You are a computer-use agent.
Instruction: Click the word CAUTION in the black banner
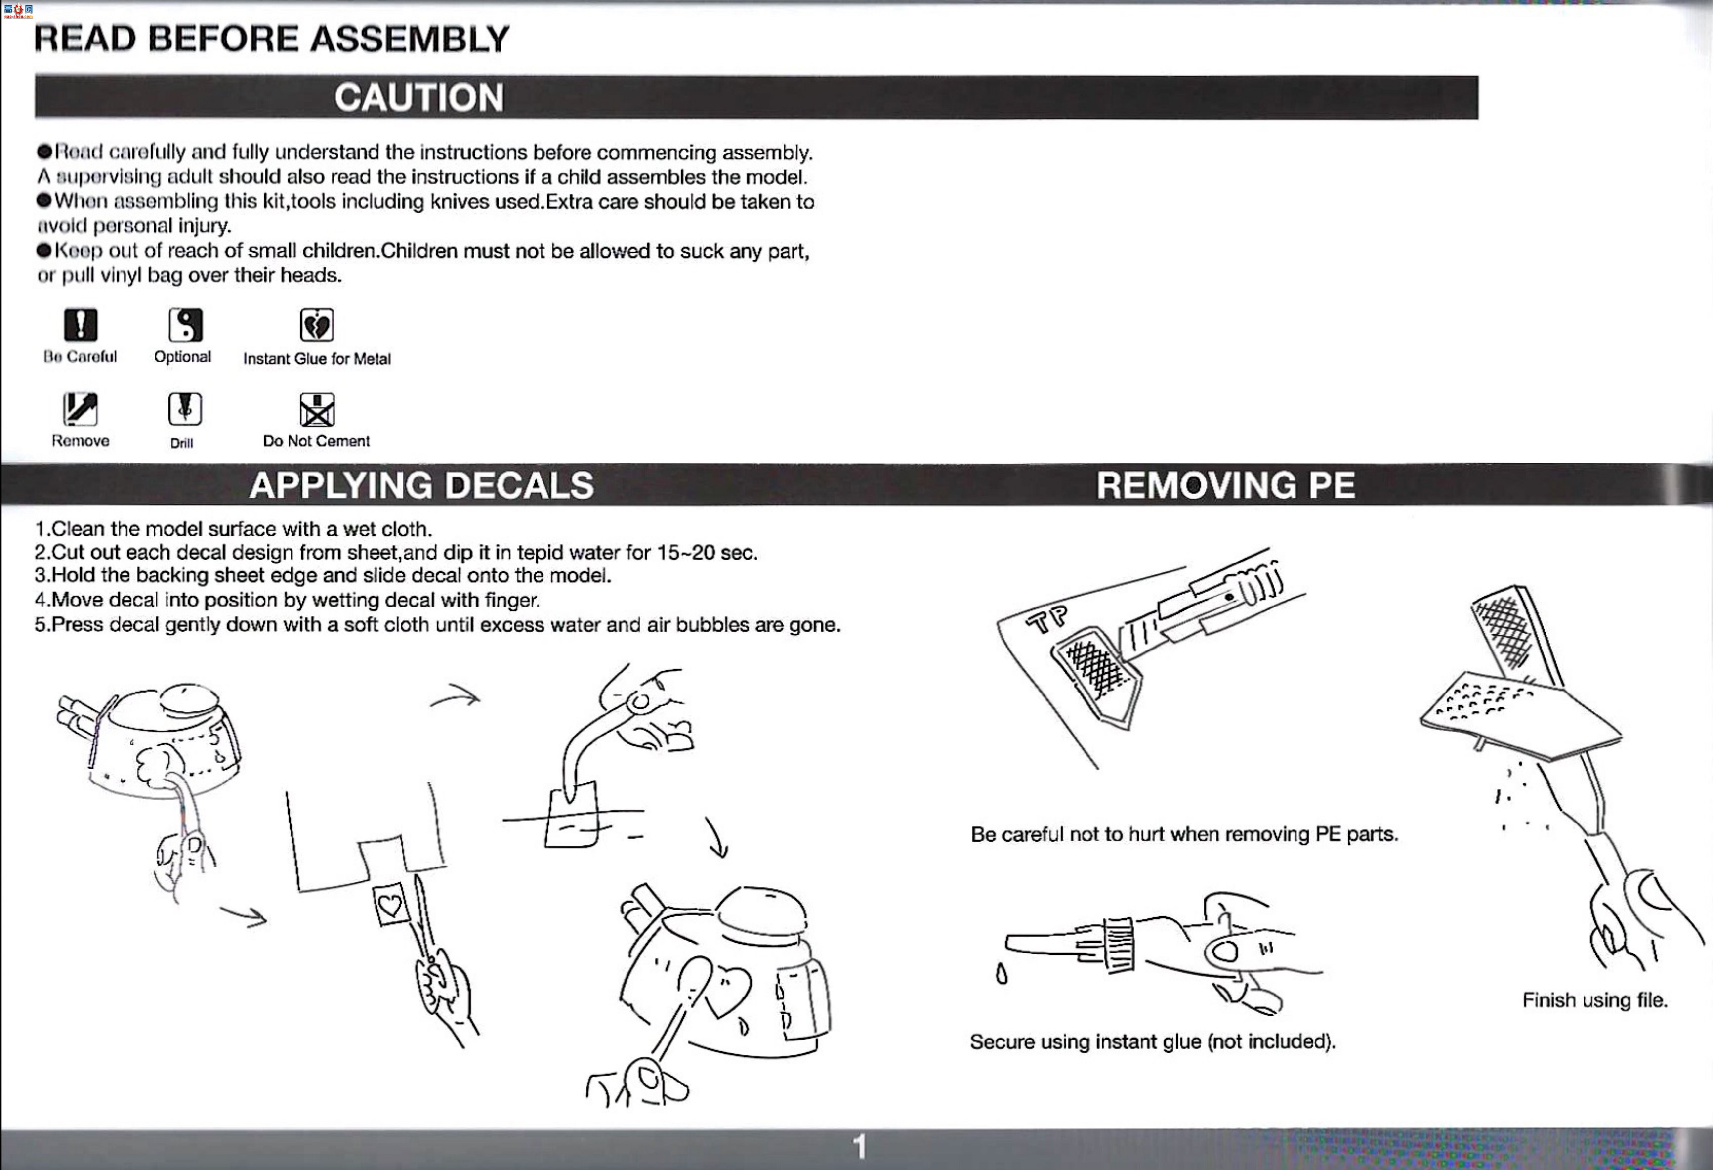(x=418, y=97)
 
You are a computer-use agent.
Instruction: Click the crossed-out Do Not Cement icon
(x=317, y=409)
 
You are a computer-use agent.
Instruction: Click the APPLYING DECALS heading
(x=421, y=485)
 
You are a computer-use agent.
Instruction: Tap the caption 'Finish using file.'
(x=1595, y=1000)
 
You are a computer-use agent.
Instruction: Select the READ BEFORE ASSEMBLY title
(x=272, y=39)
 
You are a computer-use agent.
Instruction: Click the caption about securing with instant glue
(x=1153, y=1041)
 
